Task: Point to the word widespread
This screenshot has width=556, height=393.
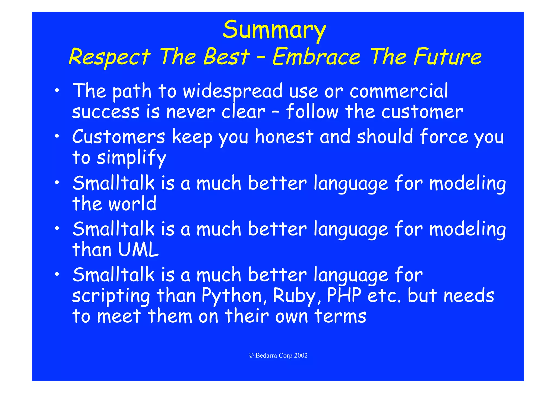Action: [233, 91]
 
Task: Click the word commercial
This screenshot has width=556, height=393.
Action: [399, 91]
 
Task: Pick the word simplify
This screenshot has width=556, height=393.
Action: [131, 158]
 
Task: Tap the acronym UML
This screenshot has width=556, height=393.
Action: [138, 250]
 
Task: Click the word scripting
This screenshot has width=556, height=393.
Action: [111, 296]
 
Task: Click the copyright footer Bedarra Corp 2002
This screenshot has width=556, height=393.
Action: [278, 356]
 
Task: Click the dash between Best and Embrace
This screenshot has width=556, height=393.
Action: [261, 58]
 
